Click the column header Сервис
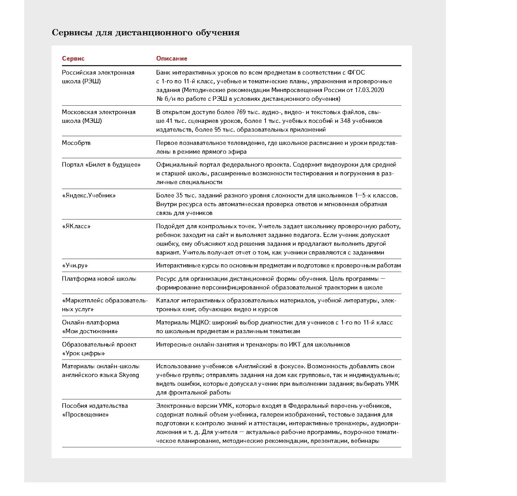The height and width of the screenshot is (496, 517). point(73,58)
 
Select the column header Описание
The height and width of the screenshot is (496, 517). point(172,58)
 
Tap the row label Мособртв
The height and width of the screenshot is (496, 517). point(76,143)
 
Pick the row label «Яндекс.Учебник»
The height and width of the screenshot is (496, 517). point(89,195)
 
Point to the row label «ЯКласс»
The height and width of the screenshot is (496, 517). point(76,226)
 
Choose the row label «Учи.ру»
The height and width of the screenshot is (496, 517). point(75,265)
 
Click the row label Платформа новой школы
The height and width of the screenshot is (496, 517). point(99,279)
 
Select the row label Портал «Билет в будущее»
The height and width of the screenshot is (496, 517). point(101,165)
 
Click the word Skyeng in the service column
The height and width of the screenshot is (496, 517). point(129,375)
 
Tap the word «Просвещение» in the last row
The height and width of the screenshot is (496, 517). point(85,414)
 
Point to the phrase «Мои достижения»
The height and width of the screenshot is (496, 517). point(90,331)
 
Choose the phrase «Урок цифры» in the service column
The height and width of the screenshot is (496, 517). point(83,353)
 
